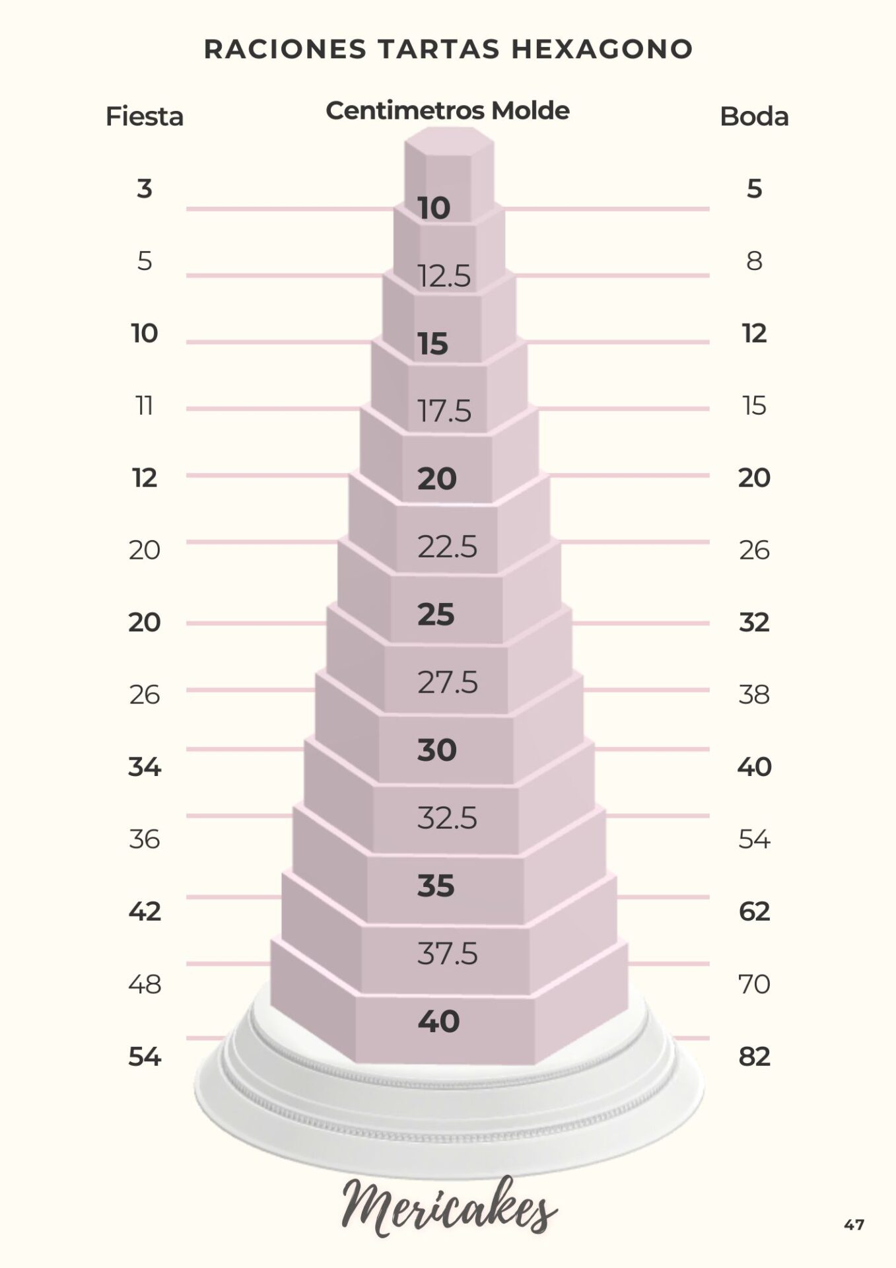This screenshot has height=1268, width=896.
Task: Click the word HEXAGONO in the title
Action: (602, 50)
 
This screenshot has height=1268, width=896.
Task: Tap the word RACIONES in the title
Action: (285, 50)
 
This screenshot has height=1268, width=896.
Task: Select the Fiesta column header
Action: (145, 117)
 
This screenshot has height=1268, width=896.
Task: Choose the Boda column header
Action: (754, 117)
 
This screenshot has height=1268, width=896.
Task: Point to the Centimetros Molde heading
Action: (447, 110)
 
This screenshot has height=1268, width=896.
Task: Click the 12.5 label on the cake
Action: (444, 276)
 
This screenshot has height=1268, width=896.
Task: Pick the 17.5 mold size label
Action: (444, 411)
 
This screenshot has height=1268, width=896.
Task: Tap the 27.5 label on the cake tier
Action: (447, 682)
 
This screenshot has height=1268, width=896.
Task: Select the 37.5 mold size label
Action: (447, 954)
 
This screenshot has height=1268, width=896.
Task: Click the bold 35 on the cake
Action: (436, 886)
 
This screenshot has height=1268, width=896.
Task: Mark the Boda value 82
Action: (754, 1057)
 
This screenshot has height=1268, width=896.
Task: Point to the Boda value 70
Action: (754, 984)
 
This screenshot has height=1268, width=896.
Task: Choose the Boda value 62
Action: (754, 912)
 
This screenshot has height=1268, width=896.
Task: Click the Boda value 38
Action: (754, 695)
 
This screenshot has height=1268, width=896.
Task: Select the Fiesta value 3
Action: (145, 189)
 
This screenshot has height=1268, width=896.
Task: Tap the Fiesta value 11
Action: (145, 405)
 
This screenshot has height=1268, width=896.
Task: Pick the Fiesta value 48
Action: (145, 984)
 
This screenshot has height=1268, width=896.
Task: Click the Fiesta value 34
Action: (145, 767)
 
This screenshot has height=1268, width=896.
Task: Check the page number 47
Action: (854, 1225)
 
